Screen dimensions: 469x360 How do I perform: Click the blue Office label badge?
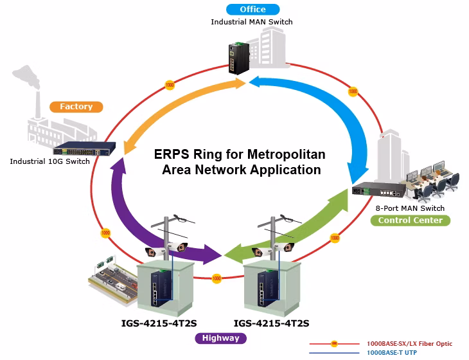pos(252,9)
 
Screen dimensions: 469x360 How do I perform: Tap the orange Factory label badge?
pos(76,107)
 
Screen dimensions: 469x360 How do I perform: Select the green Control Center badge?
pos(411,221)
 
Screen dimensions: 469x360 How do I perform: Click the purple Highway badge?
pos(221,338)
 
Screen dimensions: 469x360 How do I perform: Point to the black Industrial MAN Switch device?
pos(239,59)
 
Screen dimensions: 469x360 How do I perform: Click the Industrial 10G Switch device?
pos(84,148)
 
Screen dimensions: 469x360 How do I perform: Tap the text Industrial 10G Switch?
pos(50,161)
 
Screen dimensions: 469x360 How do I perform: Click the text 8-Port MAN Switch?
pos(410,208)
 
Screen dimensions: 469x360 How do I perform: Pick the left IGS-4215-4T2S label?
pos(159,323)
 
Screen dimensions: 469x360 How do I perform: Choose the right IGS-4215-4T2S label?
pos(271,323)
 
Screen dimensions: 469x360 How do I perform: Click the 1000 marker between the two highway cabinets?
pos(217,278)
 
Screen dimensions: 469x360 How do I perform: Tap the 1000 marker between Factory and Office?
pos(170,85)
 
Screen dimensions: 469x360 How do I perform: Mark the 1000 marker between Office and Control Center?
pos(353,91)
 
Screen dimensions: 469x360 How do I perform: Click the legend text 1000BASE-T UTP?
pos(392,353)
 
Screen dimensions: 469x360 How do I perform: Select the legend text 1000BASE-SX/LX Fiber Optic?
pos(409,344)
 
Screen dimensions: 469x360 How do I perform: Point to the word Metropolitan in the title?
pos(287,154)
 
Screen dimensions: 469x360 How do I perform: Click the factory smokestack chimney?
pos(38,105)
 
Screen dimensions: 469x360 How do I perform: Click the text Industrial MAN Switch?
pos(252,22)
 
